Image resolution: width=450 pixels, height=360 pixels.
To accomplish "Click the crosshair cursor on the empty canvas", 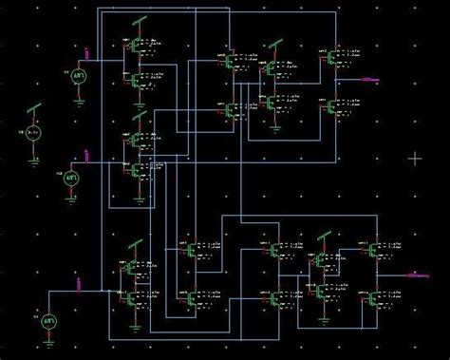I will tap(415, 158).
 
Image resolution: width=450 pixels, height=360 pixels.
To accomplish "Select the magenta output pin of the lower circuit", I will tap(414, 275).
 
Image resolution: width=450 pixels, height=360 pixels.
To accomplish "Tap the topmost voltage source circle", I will tap(79, 78).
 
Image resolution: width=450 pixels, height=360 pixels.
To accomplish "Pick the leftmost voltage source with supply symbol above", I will tap(33, 133).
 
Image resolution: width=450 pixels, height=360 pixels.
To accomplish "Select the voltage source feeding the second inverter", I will tap(72, 177).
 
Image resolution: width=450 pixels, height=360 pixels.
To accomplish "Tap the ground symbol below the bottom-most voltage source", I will tap(48, 348).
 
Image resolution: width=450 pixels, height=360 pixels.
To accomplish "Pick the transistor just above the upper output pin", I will tap(332, 57).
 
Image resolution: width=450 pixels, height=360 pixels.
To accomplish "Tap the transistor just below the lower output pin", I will tap(373, 297).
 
